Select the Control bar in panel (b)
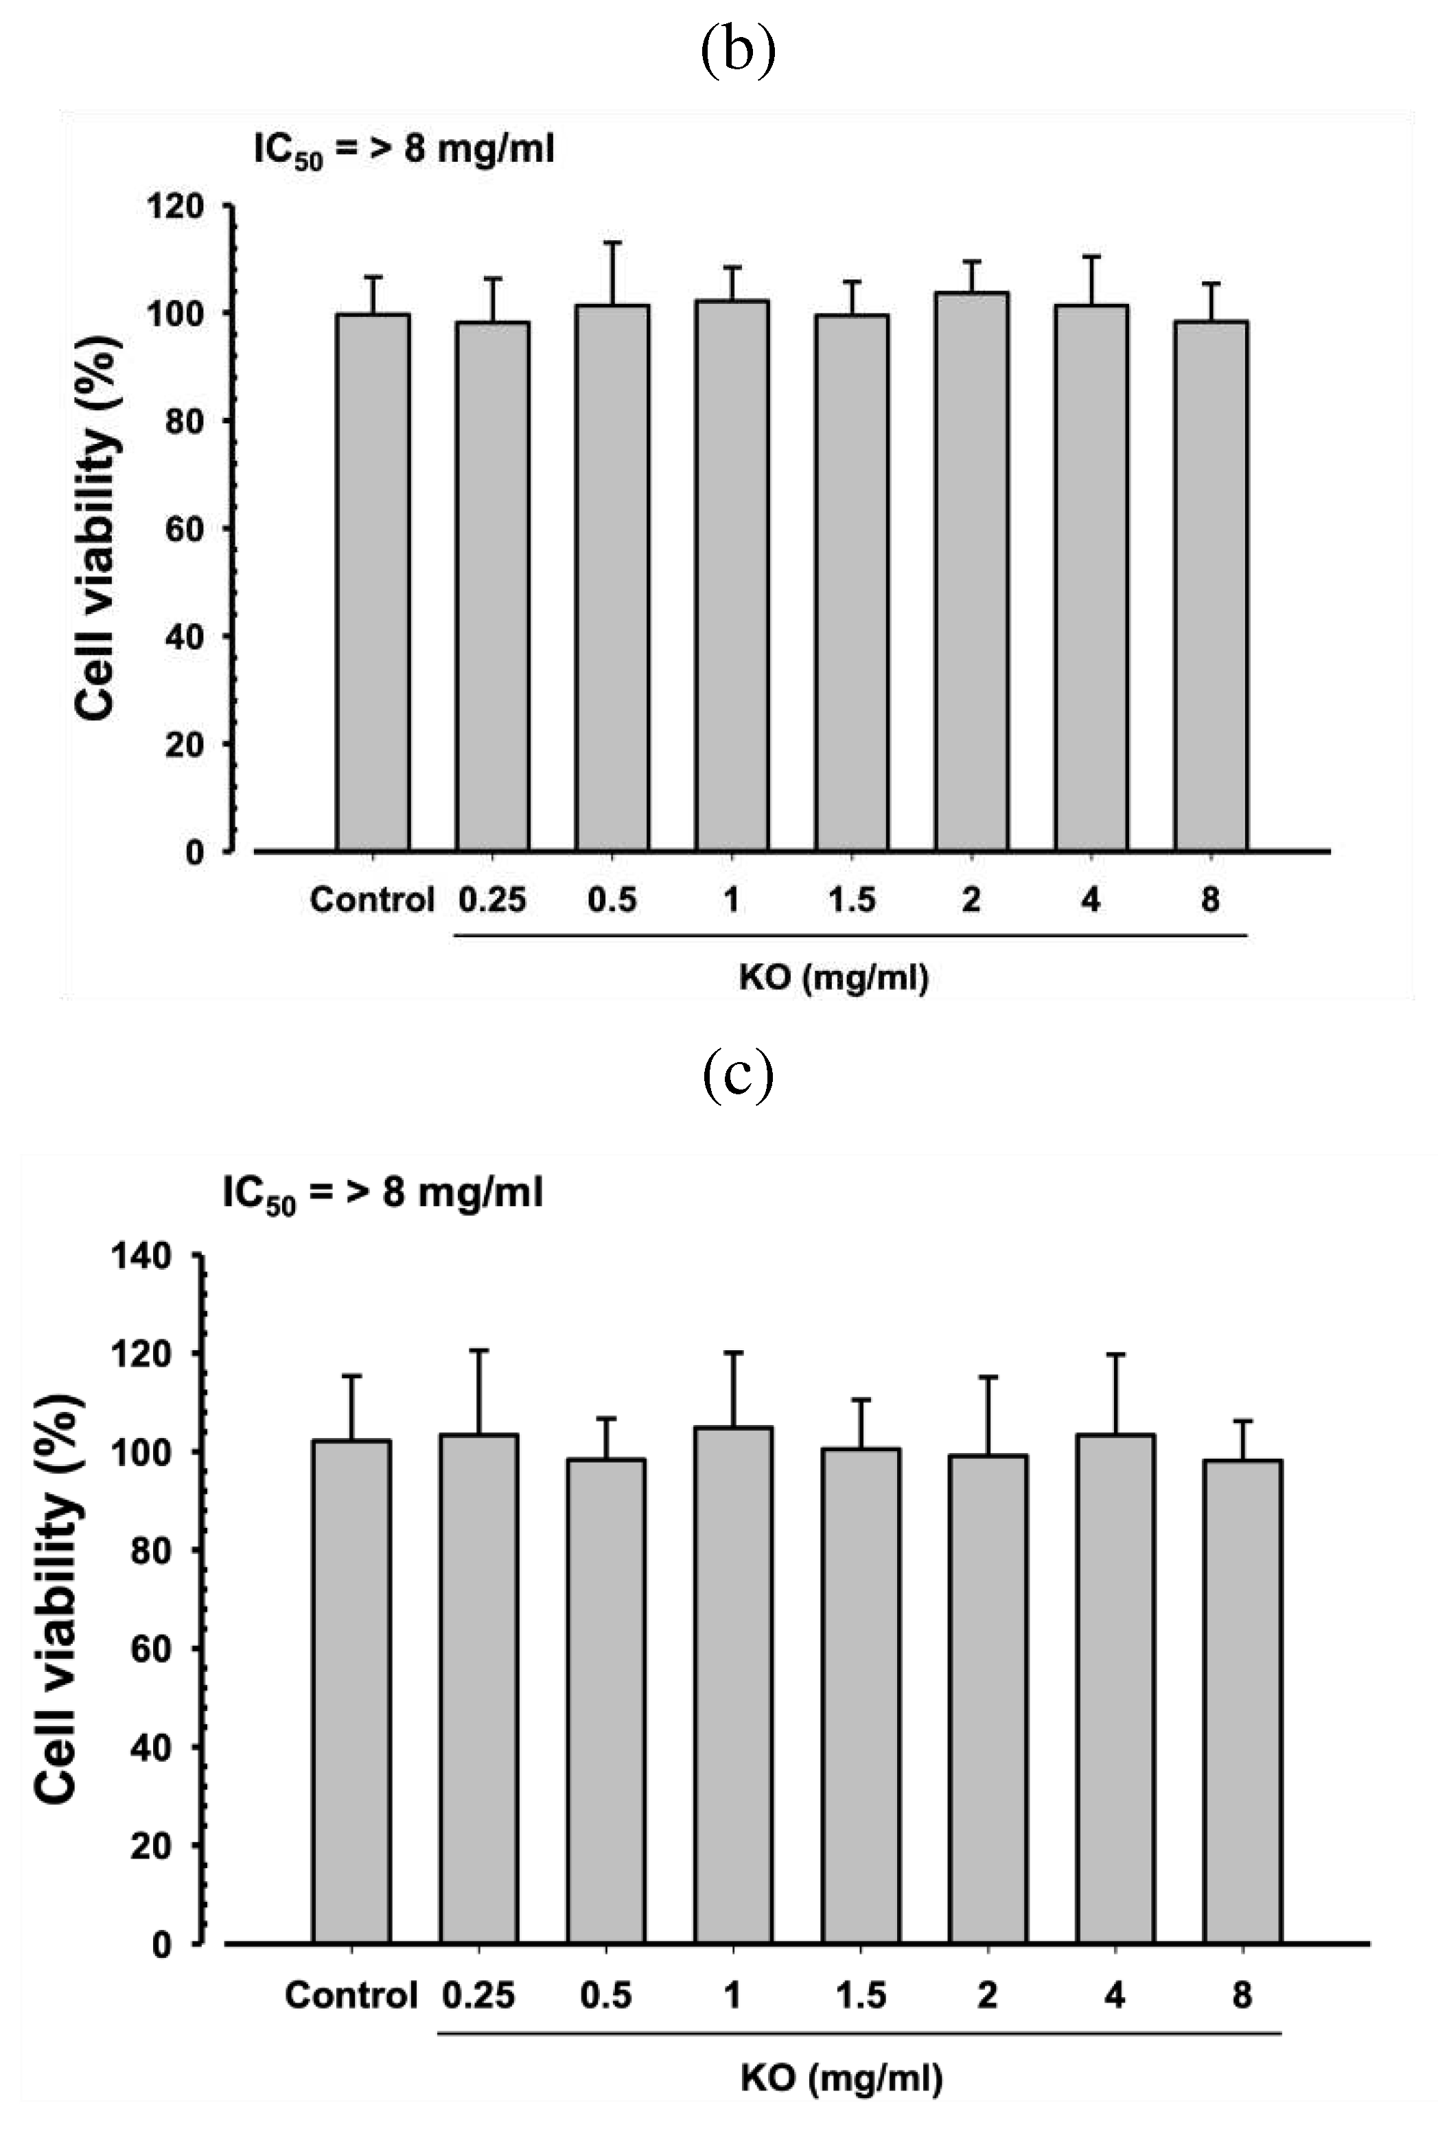point(372,582)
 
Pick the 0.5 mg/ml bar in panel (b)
point(612,578)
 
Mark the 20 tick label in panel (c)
point(150,1845)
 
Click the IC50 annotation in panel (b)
point(404,148)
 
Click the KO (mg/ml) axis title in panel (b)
point(834,978)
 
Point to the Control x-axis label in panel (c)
point(350,1994)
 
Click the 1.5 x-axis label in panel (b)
point(851,900)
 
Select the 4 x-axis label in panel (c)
point(1114,1994)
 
